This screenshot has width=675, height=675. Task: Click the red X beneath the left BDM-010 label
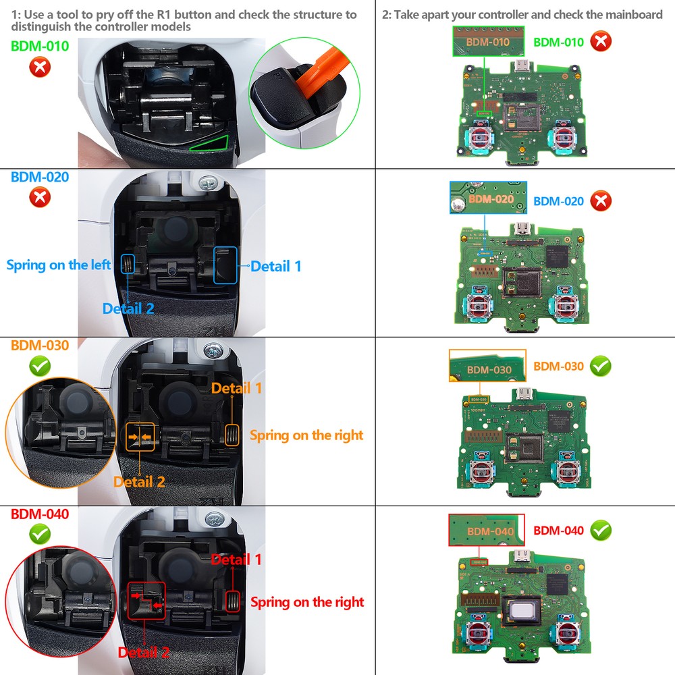tap(40, 67)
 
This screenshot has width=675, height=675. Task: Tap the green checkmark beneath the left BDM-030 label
tap(40, 367)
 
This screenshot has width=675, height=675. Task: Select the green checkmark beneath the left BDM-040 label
tap(40, 535)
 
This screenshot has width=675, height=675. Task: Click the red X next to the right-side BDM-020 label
tap(600, 200)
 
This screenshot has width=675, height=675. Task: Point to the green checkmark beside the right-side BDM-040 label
tap(600, 530)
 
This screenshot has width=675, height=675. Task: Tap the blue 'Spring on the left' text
tap(58, 265)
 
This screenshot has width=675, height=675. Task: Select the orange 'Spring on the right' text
tap(306, 435)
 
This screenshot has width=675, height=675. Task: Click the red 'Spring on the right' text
tap(307, 601)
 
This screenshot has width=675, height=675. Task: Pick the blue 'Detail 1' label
tap(276, 266)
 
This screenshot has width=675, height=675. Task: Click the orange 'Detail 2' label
tap(139, 482)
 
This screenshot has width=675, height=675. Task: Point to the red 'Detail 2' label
tap(143, 652)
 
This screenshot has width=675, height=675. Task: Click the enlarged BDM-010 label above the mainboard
tap(489, 43)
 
